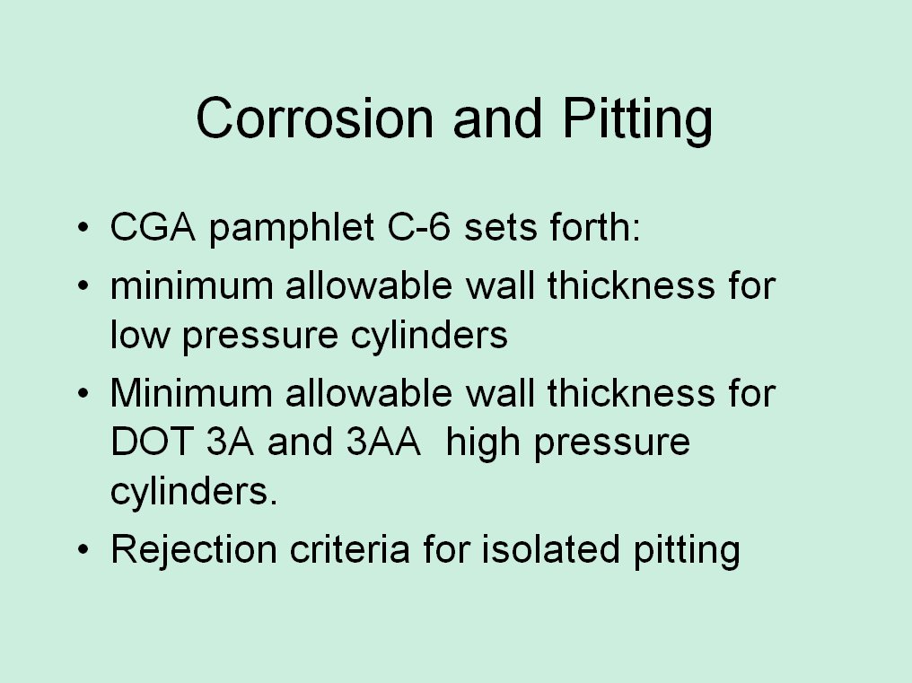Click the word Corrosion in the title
pyautogui.click(x=315, y=118)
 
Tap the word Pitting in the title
pyautogui.click(x=637, y=120)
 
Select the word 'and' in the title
pyautogui.click(x=498, y=118)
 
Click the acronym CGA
pyautogui.click(x=153, y=226)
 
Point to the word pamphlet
pyautogui.click(x=292, y=229)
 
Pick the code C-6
pyautogui.click(x=419, y=226)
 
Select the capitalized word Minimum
pyautogui.click(x=191, y=393)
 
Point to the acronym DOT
pyautogui.click(x=152, y=442)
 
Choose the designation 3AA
pyautogui.click(x=383, y=442)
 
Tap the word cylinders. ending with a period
pyautogui.click(x=194, y=494)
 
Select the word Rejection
pyautogui.click(x=194, y=551)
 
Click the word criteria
pyautogui.click(x=349, y=549)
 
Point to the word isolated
pyautogui.click(x=550, y=549)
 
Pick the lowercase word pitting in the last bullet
pyautogui.click(x=687, y=551)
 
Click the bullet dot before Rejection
pyautogui.click(x=83, y=548)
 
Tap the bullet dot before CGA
pyautogui.click(x=83, y=226)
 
